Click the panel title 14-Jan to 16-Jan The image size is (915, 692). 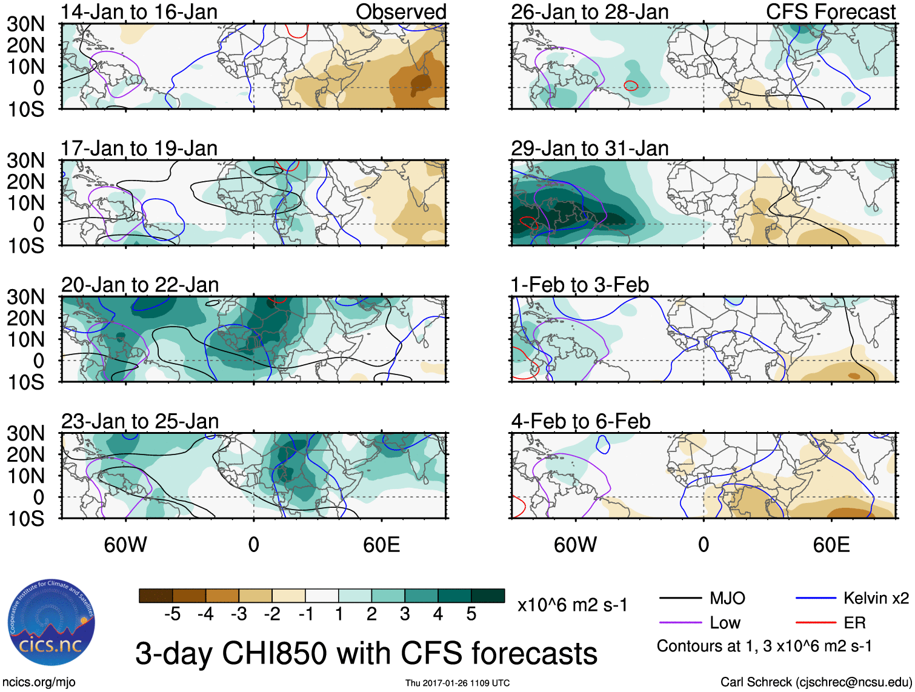pyautogui.click(x=139, y=12)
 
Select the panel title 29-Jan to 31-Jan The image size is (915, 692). pyautogui.click(x=589, y=148)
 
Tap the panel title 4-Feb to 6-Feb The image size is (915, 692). pyautogui.click(x=581, y=421)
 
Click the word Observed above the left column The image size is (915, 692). pyautogui.click(x=401, y=12)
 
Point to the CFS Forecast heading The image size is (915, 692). pyautogui.click(x=830, y=12)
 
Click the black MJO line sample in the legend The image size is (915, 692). pyautogui.click(x=680, y=599)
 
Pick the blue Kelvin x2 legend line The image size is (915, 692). pyautogui.click(x=816, y=599)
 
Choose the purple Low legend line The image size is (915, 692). pyautogui.click(x=680, y=623)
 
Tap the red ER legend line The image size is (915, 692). pyautogui.click(x=816, y=623)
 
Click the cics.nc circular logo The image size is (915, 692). pyautogui.click(x=52, y=624)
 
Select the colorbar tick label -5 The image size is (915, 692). pyautogui.click(x=172, y=614)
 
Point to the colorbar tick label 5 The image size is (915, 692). pyautogui.click(x=471, y=614)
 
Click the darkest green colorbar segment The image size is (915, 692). pyautogui.click(x=488, y=596)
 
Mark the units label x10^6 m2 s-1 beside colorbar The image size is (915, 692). pyautogui.click(x=572, y=605)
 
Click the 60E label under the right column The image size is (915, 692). pyautogui.click(x=831, y=545)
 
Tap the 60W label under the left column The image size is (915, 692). pyautogui.click(x=125, y=545)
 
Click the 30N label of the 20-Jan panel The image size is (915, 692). pyautogui.click(x=25, y=297)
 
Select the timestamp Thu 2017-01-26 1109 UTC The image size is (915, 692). pyautogui.click(x=457, y=683)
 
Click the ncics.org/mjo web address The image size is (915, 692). pyautogui.click(x=39, y=682)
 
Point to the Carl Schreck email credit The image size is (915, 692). pyautogui.click(x=816, y=682)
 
